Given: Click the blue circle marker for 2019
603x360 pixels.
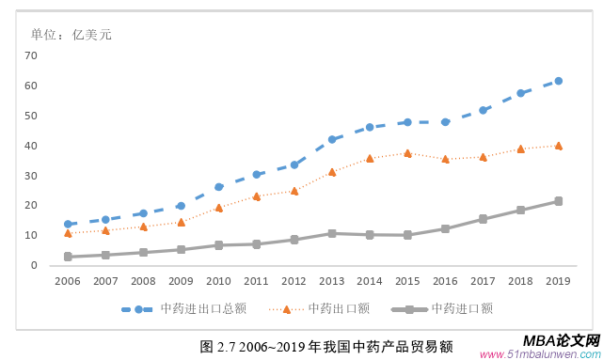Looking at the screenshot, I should coord(558,81).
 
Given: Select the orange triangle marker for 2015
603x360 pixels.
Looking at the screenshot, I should coord(407,152).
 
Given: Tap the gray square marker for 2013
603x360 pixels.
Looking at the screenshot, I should coord(332,233).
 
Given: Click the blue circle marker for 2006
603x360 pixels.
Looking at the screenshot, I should coord(68,225).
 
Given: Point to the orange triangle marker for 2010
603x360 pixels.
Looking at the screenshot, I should coord(218,208).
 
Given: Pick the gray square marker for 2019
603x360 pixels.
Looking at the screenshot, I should coord(558,201).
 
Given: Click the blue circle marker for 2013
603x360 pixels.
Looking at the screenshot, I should coord(332,139).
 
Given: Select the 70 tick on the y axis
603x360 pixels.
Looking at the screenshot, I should coord(31,55).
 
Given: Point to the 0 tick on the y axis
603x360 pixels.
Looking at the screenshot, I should coord(34,265).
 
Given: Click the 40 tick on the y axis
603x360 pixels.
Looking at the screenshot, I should coord(31,146).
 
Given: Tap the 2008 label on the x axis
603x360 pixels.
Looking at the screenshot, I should coord(143,281).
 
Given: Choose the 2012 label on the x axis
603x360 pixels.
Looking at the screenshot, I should coord(294,281).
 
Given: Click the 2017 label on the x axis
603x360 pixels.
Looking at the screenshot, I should coord(483,281).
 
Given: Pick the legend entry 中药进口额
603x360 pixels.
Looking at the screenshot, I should coord(462,308).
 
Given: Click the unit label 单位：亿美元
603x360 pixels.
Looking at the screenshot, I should coord(71,35).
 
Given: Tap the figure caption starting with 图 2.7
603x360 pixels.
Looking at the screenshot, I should coord(326,346).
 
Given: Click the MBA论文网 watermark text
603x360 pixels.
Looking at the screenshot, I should coord(561,339).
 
